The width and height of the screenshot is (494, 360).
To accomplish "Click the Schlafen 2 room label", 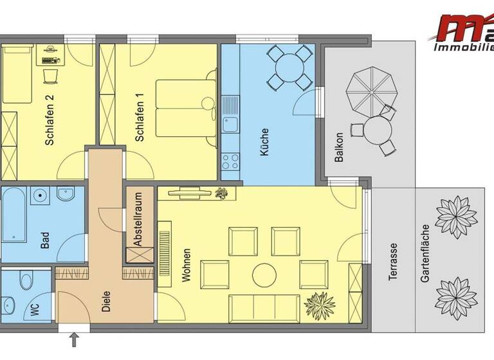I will [x=50, y=130].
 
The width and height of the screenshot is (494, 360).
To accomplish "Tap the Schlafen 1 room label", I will [x=139, y=118].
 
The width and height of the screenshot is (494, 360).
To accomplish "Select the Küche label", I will [x=264, y=143].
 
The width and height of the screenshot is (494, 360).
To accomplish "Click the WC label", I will [x=33, y=310].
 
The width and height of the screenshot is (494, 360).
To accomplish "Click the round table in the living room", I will [x=264, y=274].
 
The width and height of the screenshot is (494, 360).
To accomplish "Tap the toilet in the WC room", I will [x=26, y=281].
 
